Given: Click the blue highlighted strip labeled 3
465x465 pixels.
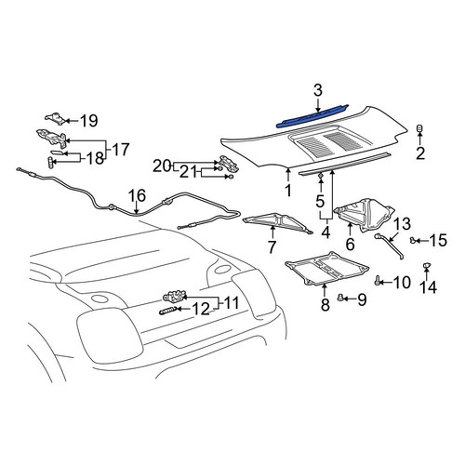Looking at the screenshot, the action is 312,116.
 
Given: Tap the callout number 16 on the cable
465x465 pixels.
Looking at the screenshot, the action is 137,196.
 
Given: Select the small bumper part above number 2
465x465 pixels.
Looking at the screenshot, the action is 419,128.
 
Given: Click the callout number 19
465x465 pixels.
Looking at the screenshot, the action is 89,121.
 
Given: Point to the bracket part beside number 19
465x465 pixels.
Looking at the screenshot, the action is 55,118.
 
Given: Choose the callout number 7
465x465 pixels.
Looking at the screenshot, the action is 272,246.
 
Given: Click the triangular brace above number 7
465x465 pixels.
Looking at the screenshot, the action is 277,223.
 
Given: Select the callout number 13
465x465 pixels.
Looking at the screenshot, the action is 403,224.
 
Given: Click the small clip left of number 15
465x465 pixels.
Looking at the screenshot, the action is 413,240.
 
